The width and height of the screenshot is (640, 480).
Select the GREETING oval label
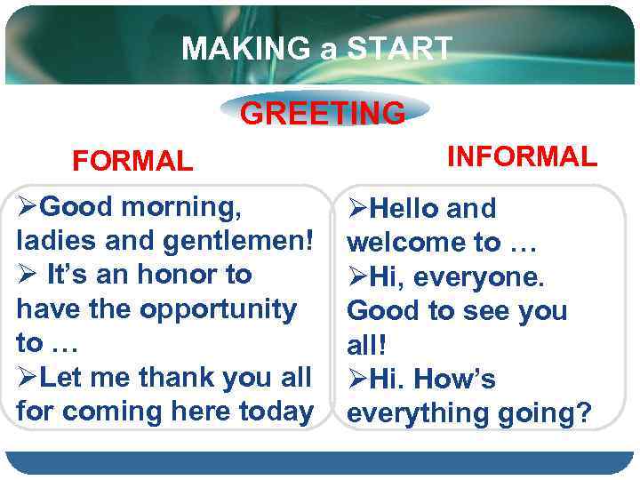coord(323,113)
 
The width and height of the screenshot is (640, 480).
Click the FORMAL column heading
coord(132,161)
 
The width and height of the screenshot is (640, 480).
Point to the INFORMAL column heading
coord(522,156)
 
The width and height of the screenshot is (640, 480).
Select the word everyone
coord(485,276)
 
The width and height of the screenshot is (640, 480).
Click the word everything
coord(414,413)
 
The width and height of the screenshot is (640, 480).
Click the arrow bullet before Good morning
coord(28,207)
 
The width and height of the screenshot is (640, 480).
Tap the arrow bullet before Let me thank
coord(28,377)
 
